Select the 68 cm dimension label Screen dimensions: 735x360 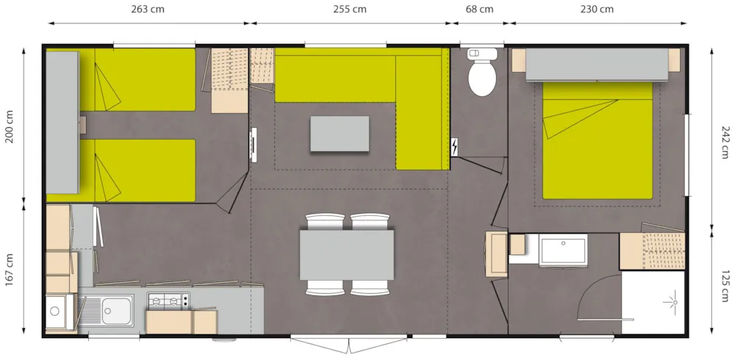[479, 10]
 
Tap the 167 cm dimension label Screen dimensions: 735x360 [10, 270]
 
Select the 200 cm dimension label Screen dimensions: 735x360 [10, 126]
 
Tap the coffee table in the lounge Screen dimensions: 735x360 [340, 134]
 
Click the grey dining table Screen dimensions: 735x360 [346, 255]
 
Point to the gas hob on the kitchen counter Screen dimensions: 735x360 [168, 300]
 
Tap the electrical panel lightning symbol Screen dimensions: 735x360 [454, 147]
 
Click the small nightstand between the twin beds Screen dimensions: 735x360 [83, 125]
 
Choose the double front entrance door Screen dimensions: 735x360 [348, 344]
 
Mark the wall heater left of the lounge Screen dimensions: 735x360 [254, 145]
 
